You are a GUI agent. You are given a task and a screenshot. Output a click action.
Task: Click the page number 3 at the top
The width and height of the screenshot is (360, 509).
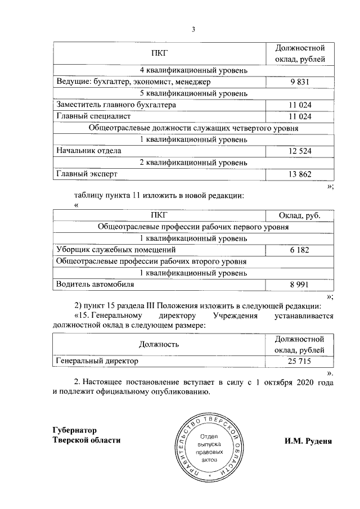pyautogui.click(x=193, y=29)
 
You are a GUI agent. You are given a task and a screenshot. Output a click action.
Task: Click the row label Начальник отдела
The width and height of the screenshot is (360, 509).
pyautogui.click(x=88, y=151)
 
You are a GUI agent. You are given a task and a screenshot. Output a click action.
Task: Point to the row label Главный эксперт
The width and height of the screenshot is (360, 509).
pyautogui.click(x=86, y=174)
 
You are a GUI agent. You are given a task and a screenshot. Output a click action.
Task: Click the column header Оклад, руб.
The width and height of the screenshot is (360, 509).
pyautogui.click(x=300, y=215)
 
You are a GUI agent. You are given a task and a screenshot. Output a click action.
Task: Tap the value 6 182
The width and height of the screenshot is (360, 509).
pyautogui.click(x=300, y=250)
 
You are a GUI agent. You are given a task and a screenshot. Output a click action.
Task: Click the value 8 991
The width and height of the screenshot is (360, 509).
pyautogui.click(x=300, y=285)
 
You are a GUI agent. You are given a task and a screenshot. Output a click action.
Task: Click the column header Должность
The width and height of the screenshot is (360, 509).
pyautogui.click(x=159, y=344)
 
